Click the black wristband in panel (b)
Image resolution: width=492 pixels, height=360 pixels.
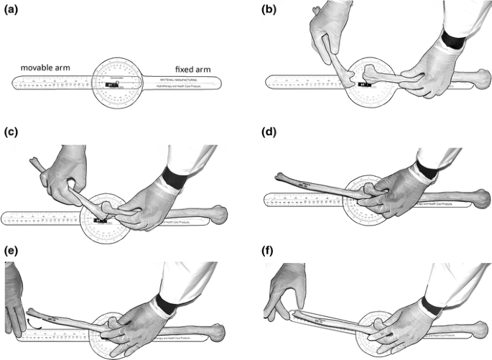(455, 37)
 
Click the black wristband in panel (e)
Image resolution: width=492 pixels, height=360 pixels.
(167, 303)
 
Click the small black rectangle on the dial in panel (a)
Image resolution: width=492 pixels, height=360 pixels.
(111, 84)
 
